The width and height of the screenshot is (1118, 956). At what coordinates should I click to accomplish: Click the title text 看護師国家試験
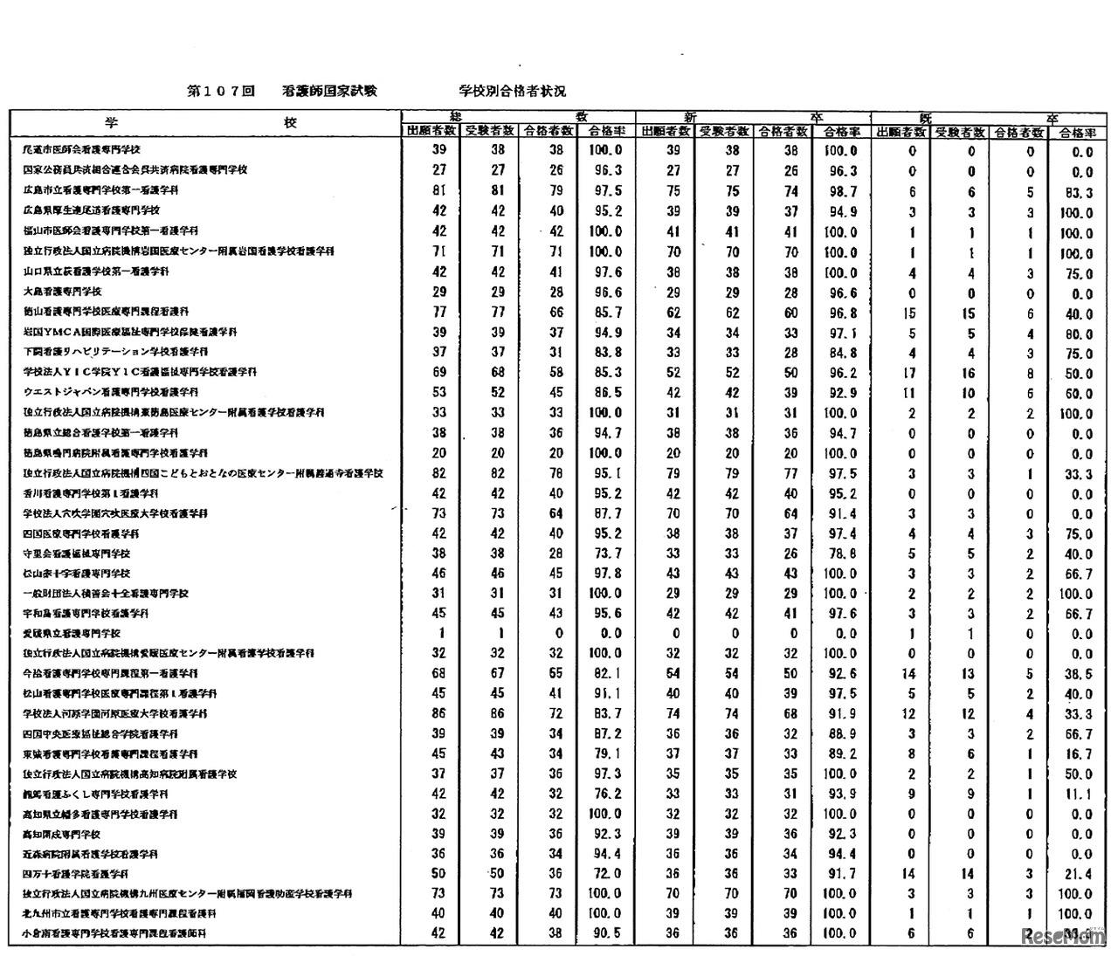point(330,91)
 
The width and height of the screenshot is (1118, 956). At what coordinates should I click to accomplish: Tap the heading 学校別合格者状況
point(513,91)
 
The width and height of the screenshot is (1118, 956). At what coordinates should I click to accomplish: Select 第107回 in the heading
point(220,91)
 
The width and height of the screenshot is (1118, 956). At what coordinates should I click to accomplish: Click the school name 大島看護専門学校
point(63,292)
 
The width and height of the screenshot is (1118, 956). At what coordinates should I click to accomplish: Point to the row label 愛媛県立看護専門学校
point(72,633)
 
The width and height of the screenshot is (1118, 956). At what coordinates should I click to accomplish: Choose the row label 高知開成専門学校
point(62,834)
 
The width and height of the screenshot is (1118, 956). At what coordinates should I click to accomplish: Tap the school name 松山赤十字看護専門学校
point(77,574)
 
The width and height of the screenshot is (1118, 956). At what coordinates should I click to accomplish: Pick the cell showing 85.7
point(606,312)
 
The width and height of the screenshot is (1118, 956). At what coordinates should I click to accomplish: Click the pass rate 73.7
point(606,554)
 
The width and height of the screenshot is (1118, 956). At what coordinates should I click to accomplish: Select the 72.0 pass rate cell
point(606,874)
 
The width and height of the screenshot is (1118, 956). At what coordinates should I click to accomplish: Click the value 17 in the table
point(910,372)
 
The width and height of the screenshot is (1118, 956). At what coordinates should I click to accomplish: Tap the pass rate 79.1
point(606,754)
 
